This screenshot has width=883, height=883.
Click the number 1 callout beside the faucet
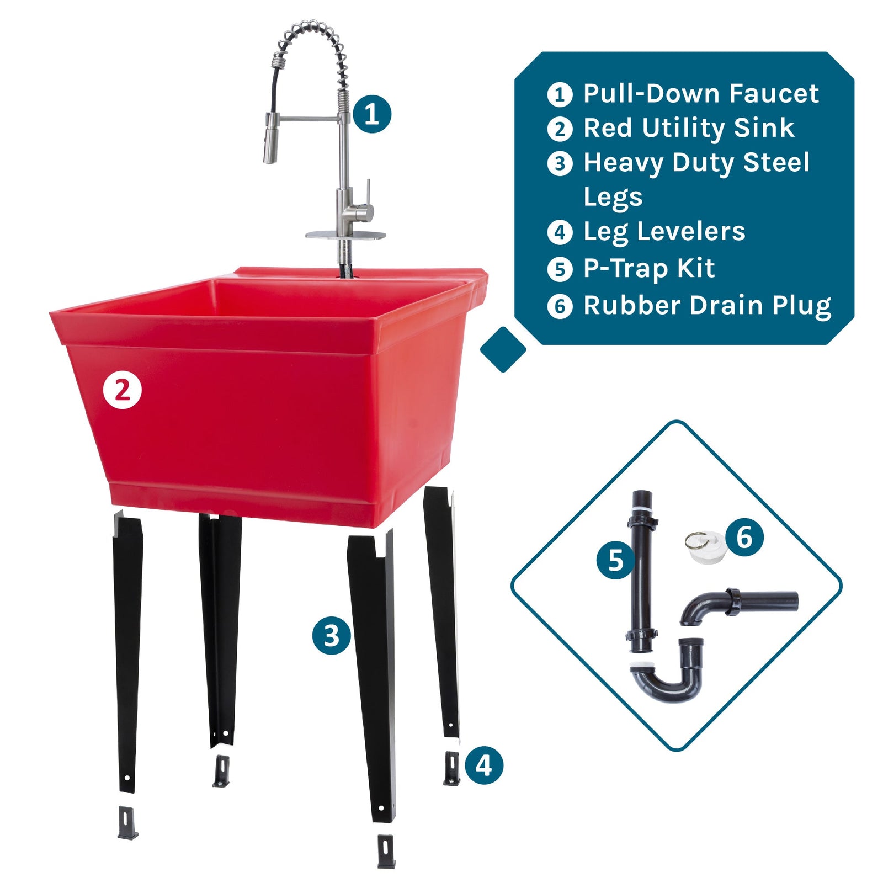371,114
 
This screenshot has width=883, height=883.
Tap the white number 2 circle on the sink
123,390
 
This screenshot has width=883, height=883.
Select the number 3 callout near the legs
331,635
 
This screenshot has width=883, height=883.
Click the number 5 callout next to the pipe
615,560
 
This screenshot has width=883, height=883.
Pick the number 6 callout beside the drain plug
744,536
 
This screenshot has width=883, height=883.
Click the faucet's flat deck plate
345,236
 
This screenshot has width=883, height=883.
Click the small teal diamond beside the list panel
503,349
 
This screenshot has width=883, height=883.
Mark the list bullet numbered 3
560,164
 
